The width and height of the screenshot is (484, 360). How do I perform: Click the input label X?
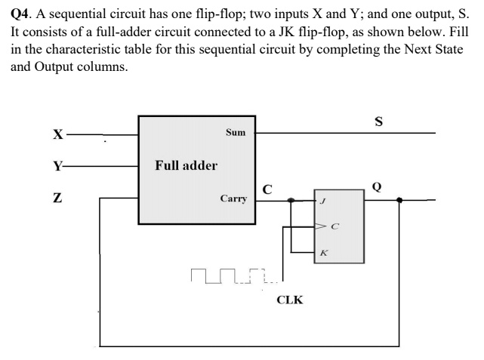pyautogui.click(x=57, y=135)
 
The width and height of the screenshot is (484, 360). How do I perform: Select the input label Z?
pyautogui.click(x=57, y=199)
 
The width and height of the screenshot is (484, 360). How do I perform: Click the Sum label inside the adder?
pyautogui.click(x=236, y=132)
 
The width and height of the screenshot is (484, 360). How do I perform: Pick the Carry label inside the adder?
pyautogui.click(x=233, y=198)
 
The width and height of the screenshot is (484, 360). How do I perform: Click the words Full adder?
pyautogui.click(x=186, y=165)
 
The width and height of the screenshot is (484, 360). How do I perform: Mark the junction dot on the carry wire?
pyautogui.click(x=292, y=200)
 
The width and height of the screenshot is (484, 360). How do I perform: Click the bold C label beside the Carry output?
pyautogui.click(x=267, y=187)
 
